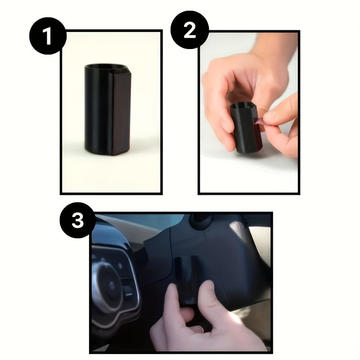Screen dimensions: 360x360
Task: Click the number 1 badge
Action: tap(48, 36)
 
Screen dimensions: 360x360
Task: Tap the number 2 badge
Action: tap(189, 30)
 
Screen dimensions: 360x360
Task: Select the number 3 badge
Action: tap(78, 220)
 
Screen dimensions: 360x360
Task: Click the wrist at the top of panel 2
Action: tap(274, 45)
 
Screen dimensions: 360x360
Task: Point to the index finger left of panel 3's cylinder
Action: tap(171, 306)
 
